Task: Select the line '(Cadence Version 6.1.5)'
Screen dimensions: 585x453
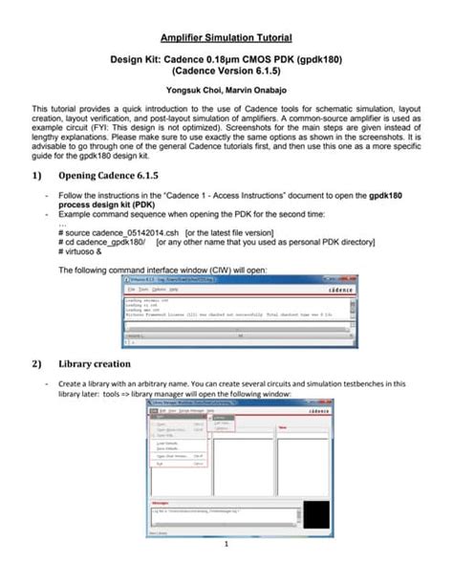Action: click(x=226, y=71)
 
